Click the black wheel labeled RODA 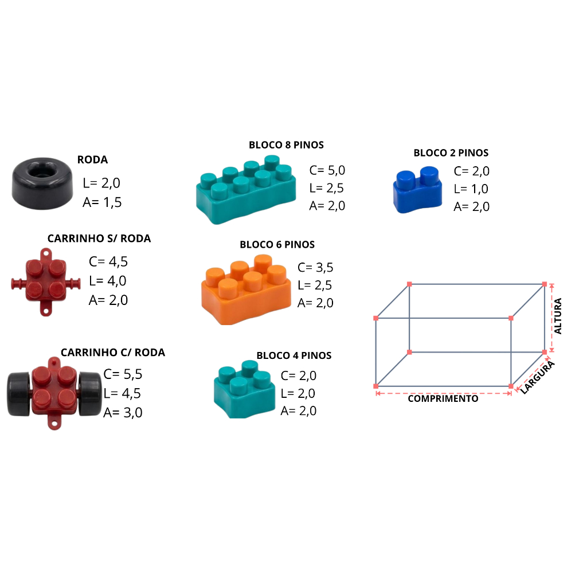click(x=42, y=183)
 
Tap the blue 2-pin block click(x=417, y=190)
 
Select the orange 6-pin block click(x=246, y=289)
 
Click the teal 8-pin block click(x=246, y=190)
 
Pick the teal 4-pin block click(x=244, y=389)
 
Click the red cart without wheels click(x=46, y=282)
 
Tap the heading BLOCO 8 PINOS click(x=287, y=145)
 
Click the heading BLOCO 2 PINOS click(x=451, y=152)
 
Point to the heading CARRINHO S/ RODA click(x=99, y=238)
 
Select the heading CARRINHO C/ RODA click(x=113, y=353)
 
